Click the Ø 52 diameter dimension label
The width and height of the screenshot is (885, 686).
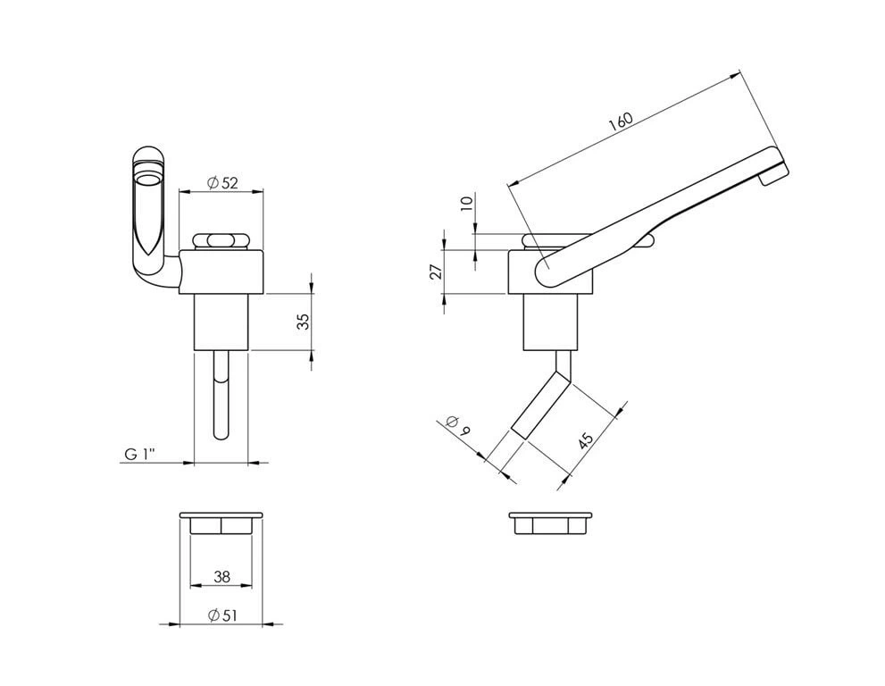[222, 182]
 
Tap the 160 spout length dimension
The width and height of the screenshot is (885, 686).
[621, 122]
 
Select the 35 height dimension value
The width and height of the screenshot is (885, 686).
[303, 322]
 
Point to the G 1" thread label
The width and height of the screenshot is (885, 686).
[139, 454]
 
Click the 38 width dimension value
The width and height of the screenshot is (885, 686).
[222, 576]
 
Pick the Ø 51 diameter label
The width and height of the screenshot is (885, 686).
[222, 615]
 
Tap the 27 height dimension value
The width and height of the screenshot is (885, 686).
[436, 272]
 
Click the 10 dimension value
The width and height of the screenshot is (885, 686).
[465, 204]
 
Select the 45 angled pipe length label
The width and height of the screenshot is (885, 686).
[586, 440]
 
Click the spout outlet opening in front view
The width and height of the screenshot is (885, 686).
[149, 180]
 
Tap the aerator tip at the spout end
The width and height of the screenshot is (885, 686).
[772, 174]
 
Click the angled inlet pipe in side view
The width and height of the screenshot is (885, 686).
[542, 406]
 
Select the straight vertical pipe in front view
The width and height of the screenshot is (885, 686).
[221, 395]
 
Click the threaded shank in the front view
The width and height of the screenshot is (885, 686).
[221, 322]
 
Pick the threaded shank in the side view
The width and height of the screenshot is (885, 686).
[551, 322]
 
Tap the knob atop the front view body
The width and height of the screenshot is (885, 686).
[221, 241]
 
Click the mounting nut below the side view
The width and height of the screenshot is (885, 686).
[551, 523]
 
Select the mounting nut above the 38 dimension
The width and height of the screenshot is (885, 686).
[221, 523]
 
